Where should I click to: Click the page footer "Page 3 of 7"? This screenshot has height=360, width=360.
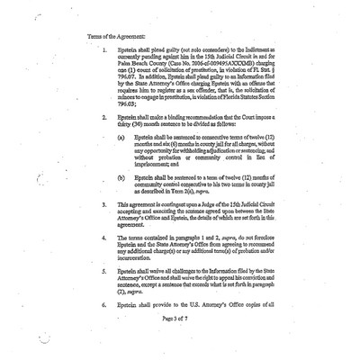tap(179, 344)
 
